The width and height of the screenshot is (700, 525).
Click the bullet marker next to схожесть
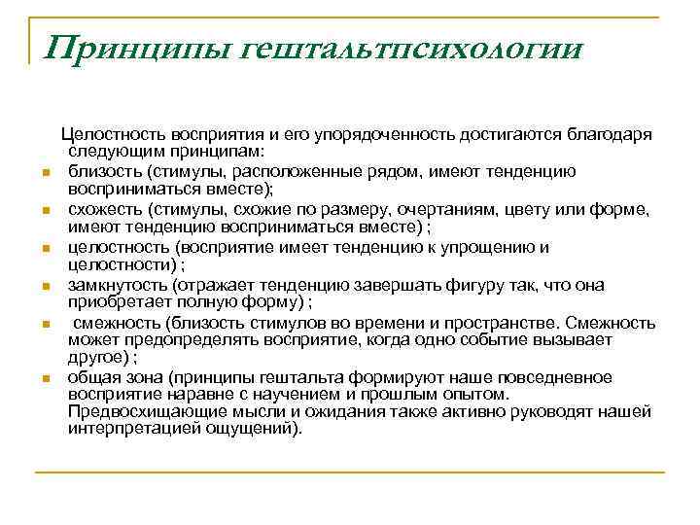click(x=46, y=210)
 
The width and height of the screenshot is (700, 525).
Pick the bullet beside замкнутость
click(x=46, y=286)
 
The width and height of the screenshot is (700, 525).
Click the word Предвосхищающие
click(x=134, y=413)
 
